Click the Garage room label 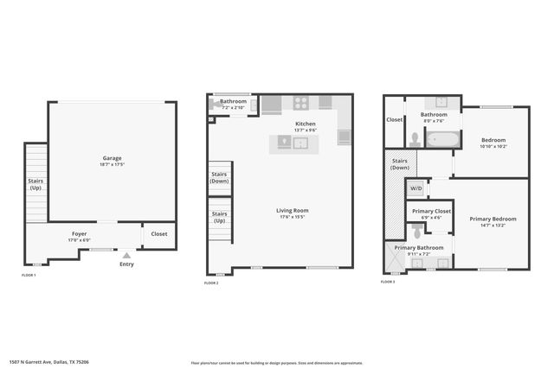tap(113, 158)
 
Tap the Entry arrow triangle tap(127, 255)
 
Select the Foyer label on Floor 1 tap(79, 233)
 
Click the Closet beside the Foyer tap(159, 233)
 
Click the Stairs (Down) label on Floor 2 tap(220, 177)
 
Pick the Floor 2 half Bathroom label tap(233, 101)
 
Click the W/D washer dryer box tap(416, 188)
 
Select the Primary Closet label tap(431, 211)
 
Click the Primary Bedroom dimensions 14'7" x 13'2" tap(492, 226)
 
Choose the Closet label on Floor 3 tap(395, 119)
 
